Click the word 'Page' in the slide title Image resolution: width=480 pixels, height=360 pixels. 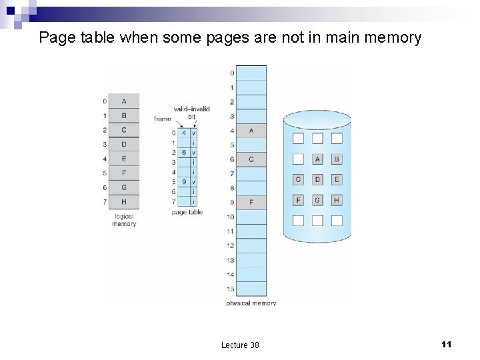coord(57,37)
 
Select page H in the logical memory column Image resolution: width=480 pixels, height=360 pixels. coord(124,201)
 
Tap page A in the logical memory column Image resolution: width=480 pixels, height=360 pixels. coord(124,101)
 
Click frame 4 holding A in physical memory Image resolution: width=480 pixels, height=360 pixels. coord(251,131)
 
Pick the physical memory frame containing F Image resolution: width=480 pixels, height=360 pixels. coord(251,202)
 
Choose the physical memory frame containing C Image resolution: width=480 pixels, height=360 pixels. coord(251,159)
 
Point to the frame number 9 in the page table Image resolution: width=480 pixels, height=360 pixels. coord(184,181)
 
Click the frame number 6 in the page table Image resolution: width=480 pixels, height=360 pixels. coord(184,153)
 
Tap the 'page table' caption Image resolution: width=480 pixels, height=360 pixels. coord(187,212)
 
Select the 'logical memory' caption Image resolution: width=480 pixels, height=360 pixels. coord(124,220)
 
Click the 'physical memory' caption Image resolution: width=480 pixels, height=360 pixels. coord(251,303)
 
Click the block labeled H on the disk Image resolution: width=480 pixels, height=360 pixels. coord(337,200)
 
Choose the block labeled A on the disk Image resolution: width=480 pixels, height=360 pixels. coord(317,159)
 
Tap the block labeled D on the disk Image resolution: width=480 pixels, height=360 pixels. coord(317,179)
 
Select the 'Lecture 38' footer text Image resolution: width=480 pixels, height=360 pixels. coord(240,345)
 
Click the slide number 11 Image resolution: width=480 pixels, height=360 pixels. coord(447,344)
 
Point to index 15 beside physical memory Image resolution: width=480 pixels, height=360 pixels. coord(231,289)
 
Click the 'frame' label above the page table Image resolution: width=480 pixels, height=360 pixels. coord(163,119)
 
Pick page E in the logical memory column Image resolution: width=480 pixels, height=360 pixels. coord(124,159)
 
